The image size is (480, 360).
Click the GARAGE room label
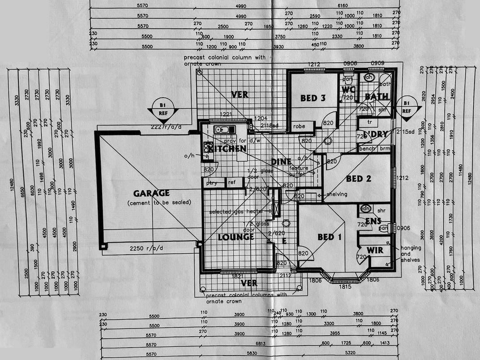151,193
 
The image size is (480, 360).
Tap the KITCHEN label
228,148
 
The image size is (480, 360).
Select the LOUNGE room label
236,237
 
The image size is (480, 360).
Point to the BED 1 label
329,237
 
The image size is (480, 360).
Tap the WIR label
375,249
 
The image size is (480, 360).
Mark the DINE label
281,162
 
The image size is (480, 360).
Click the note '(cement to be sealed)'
159,202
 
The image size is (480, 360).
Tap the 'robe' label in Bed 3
299,127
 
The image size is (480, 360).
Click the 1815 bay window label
345,286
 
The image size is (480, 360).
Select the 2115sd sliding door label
405,131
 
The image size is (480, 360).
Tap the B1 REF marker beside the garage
163,109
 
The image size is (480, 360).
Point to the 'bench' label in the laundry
367,148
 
